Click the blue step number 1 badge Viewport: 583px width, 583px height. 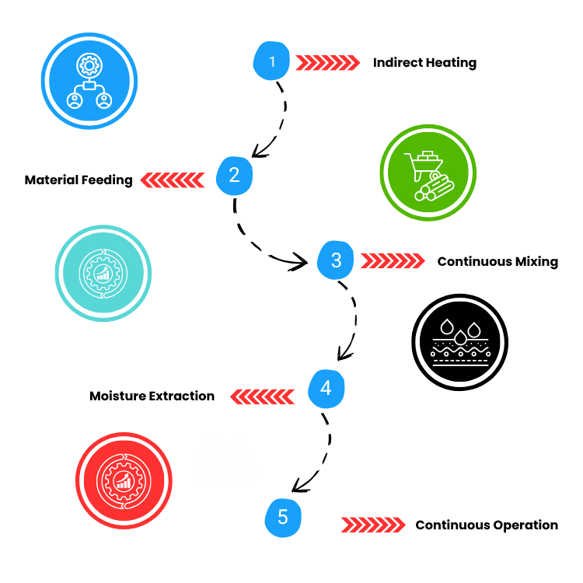point(272,61)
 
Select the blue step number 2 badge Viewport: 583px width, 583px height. point(234,176)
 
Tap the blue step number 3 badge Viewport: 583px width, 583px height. point(336,260)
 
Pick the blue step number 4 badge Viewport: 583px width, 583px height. point(326,388)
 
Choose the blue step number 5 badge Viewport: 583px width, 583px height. point(282,518)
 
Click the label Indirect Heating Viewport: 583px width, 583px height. point(424,63)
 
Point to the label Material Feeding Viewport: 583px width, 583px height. point(79,180)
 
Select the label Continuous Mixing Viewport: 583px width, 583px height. point(497,261)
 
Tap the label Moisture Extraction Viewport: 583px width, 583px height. point(152,396)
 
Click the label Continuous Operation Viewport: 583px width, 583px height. point(487,525)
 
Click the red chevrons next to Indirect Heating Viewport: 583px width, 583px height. point(327,62)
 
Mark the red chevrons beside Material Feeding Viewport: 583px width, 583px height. point(172,180)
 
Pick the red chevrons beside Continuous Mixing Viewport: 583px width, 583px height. point(393,260)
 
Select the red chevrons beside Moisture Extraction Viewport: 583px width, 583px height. point(263,396)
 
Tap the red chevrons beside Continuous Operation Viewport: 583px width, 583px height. point(373,525)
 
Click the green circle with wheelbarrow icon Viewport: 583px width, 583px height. point(428,172)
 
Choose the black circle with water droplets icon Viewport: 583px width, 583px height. point(459,342)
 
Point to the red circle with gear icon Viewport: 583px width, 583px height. point(124,480)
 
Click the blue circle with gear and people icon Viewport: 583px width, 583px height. point(89,81)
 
